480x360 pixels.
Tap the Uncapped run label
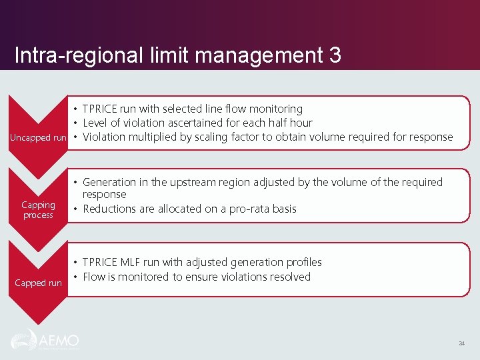point(38,137)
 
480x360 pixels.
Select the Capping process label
point(38,210)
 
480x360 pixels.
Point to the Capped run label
point(38,283)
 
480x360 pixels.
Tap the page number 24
point(461,344)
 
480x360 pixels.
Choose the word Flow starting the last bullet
point(94,277)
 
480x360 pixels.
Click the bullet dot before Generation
point(76,182)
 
